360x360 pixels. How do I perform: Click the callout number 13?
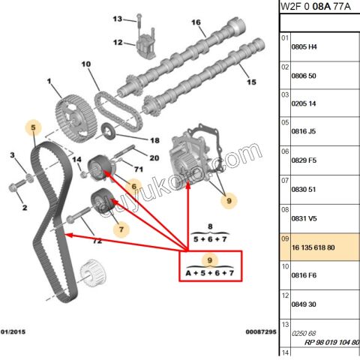(x=117, y=19)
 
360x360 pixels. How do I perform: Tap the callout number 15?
(x=251, y=82)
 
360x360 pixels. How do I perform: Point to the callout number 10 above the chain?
(x=85, y=64)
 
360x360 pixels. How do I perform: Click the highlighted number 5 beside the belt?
(x=32, y=129)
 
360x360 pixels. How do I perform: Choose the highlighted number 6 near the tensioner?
(x=134, y=186)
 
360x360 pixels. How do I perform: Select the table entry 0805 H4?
(x=304, y=46)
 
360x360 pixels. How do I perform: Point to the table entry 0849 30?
(x=304, y=304)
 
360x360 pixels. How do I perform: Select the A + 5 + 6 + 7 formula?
(x=211, y=274)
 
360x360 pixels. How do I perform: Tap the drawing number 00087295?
(x=260, y=331)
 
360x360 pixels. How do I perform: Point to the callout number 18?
(x=154, y=140)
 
